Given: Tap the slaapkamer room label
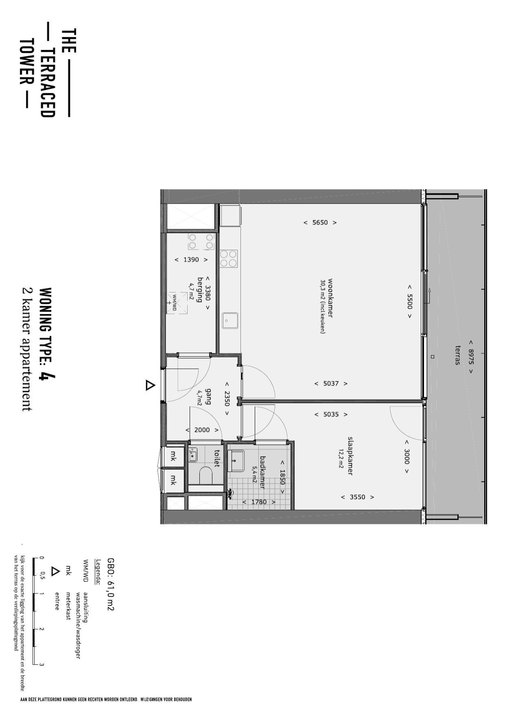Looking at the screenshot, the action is (x=350, y=456).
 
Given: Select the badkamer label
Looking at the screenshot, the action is (x=262, y=472).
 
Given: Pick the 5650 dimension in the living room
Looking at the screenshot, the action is (x=320, y=222).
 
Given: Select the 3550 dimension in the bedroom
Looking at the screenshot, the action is (x=357, y=497).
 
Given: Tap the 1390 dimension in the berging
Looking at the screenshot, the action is (x=191, y=259).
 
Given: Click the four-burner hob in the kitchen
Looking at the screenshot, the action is (x=228, y=258).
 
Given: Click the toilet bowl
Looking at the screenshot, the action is (x=206, y=475).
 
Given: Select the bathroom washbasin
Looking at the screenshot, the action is (x=236, y=461).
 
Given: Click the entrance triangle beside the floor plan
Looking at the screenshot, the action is (x=150, y=385).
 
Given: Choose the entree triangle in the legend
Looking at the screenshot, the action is (x=55, y=571).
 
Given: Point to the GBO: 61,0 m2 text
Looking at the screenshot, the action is (x=110, y=584).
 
